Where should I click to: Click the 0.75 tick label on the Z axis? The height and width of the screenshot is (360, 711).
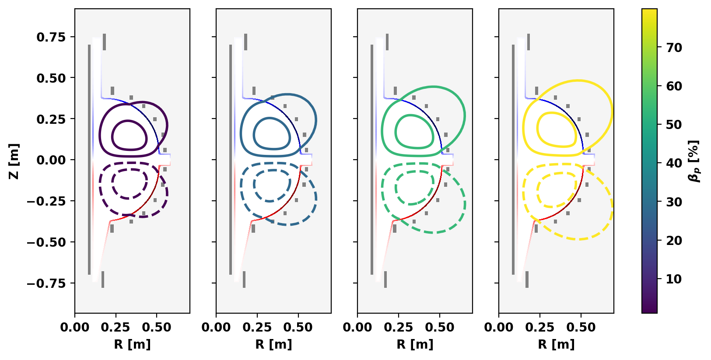51,37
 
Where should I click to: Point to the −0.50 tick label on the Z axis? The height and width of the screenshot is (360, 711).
46,242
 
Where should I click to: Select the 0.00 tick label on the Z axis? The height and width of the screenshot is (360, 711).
51,160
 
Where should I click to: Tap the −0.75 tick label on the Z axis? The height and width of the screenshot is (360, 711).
46,283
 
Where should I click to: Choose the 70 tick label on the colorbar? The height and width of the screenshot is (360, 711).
674,48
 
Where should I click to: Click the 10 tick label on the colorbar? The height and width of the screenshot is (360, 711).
674,279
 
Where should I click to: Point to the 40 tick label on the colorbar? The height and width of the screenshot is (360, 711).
674,163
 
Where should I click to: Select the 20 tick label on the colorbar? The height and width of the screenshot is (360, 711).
674,240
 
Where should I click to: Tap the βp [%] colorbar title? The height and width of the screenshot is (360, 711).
694,161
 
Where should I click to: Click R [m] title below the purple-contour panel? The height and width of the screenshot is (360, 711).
132,345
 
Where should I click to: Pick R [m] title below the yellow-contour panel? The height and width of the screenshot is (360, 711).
556,345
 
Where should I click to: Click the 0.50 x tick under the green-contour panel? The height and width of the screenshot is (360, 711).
440,327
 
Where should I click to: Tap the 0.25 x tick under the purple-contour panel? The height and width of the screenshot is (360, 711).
116,327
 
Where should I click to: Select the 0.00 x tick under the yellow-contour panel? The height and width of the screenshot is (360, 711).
499,327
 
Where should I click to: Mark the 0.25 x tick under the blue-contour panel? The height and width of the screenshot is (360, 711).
257,327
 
